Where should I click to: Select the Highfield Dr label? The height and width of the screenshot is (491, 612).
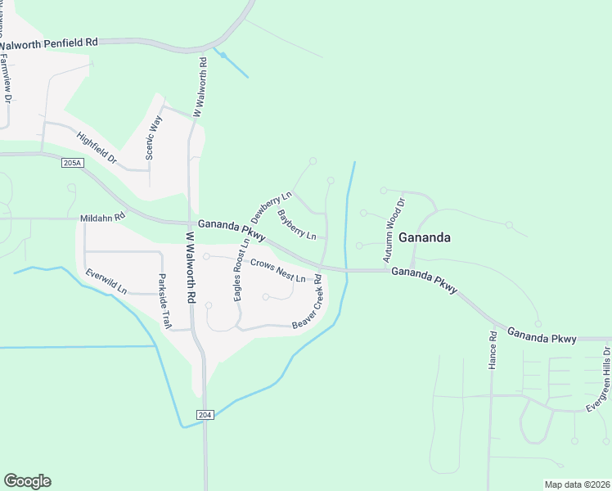click(x=97, y=146)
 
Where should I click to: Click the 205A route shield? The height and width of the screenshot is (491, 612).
click(x=73, y=163)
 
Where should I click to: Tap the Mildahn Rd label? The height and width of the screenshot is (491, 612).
click(x=102, y=218)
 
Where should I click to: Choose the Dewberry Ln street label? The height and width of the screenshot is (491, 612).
click(x=271, y=209)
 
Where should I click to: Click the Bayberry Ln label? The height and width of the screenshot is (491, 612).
click(x=296, y=225)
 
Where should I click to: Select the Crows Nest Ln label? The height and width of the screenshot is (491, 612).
click(x=277, y=271)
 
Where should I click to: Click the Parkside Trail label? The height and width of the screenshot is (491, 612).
click(x=164, y=301)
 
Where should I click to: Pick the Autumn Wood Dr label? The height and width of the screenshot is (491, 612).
click(x=394, y=230)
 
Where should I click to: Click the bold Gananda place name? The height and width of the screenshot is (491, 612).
click(x=425, y=237)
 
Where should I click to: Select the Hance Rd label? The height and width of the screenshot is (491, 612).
click(x=493, y=350)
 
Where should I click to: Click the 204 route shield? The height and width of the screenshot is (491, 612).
click(x=205, y=415)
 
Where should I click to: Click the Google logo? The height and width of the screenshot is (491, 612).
click(x=27, y=481)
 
